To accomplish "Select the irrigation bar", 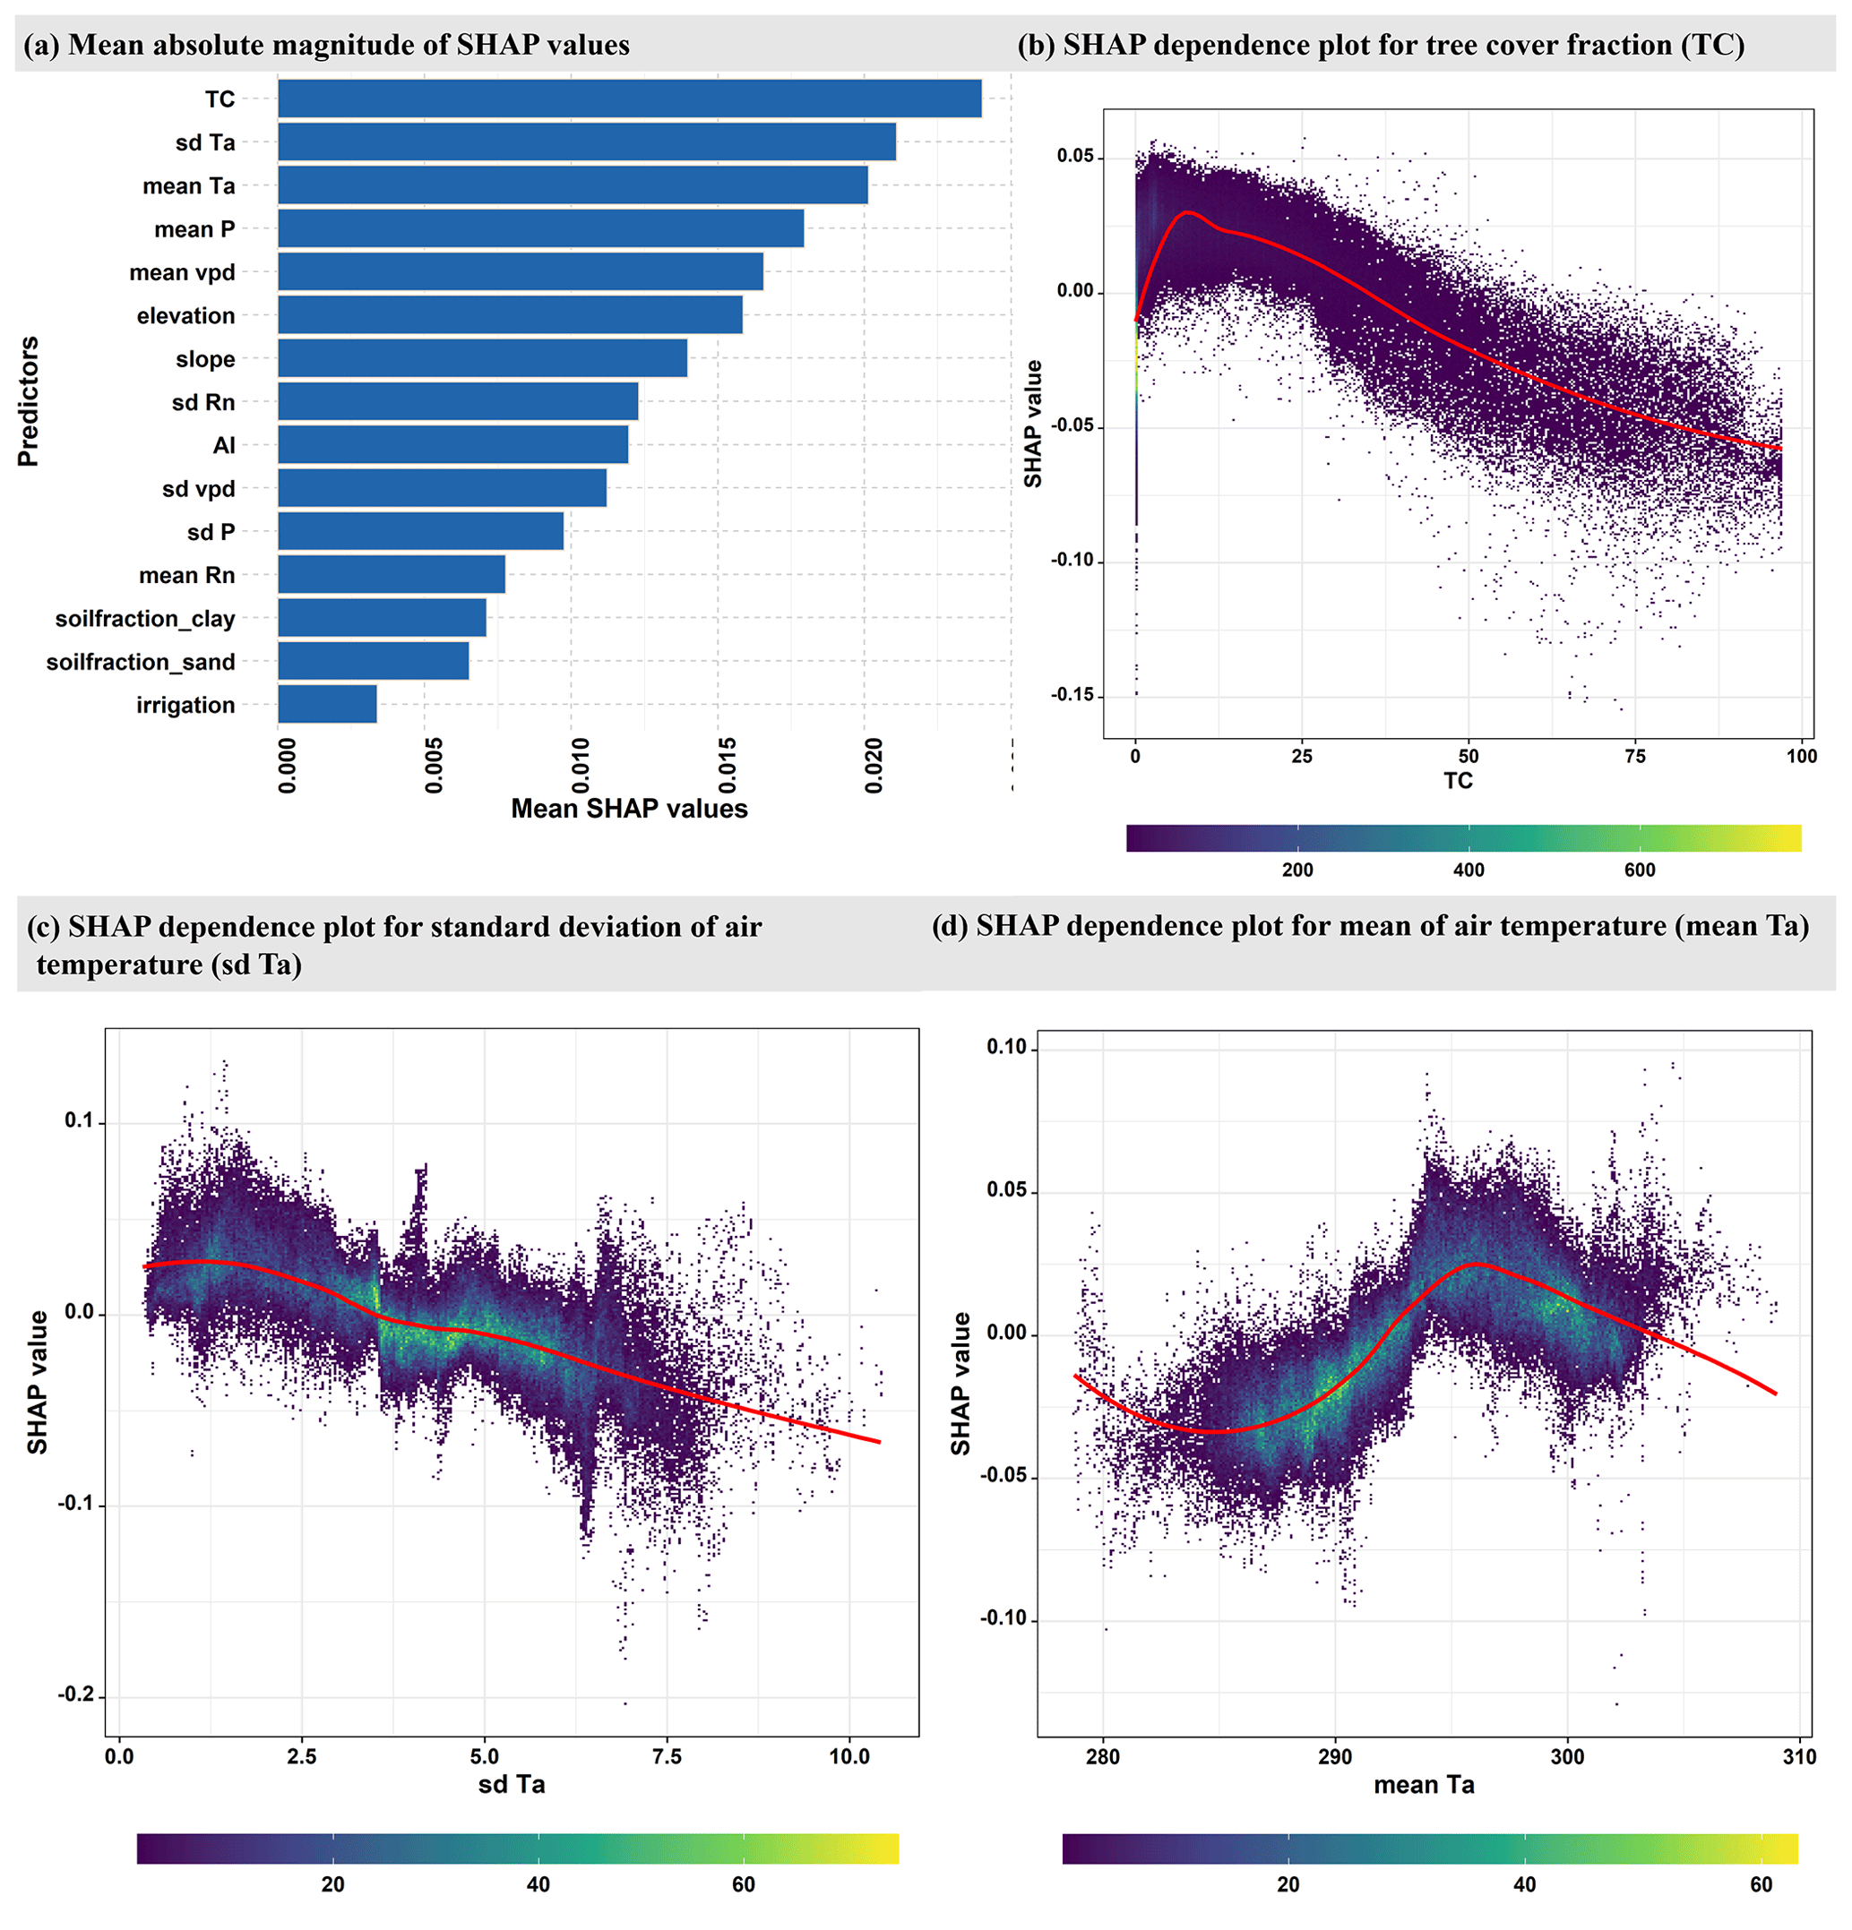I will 327,704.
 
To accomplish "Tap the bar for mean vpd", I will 521,271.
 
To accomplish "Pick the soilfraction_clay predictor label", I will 145,618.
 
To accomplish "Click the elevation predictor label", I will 185,316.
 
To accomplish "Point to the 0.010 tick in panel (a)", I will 581,764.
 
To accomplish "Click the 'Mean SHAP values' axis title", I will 628,809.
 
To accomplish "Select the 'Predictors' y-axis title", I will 29,400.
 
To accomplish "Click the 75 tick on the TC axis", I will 1634,756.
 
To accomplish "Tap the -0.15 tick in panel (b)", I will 1072,695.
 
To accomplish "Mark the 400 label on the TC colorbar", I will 1468,870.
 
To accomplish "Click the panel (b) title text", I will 1380,46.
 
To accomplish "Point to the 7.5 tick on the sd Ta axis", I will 667,1756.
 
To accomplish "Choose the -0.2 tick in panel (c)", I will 76,1694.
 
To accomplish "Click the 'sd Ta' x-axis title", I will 512,1784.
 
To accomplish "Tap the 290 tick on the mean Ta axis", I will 1335,1756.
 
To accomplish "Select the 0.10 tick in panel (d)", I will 1006,1047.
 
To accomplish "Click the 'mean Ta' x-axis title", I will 1424,1785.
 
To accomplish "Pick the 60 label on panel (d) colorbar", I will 1761,1884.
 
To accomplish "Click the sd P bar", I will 420,532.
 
